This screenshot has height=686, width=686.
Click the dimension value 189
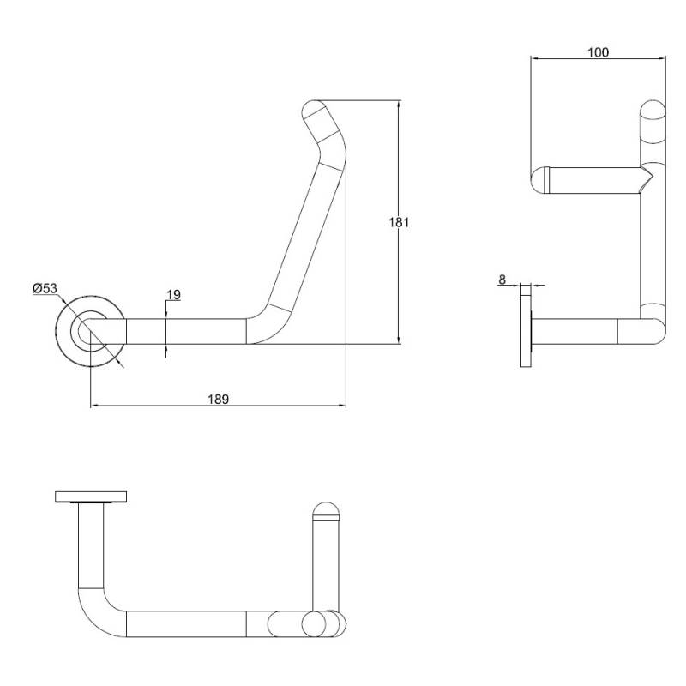point(218,399)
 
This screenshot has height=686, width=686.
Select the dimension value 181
point(399,222)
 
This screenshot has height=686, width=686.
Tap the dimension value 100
point(598,52)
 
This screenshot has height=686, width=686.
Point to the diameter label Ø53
point(45,288)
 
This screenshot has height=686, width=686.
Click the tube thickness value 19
point(174,294)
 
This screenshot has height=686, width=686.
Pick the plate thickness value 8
point(502,280)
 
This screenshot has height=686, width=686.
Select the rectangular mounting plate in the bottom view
point(91,496)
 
